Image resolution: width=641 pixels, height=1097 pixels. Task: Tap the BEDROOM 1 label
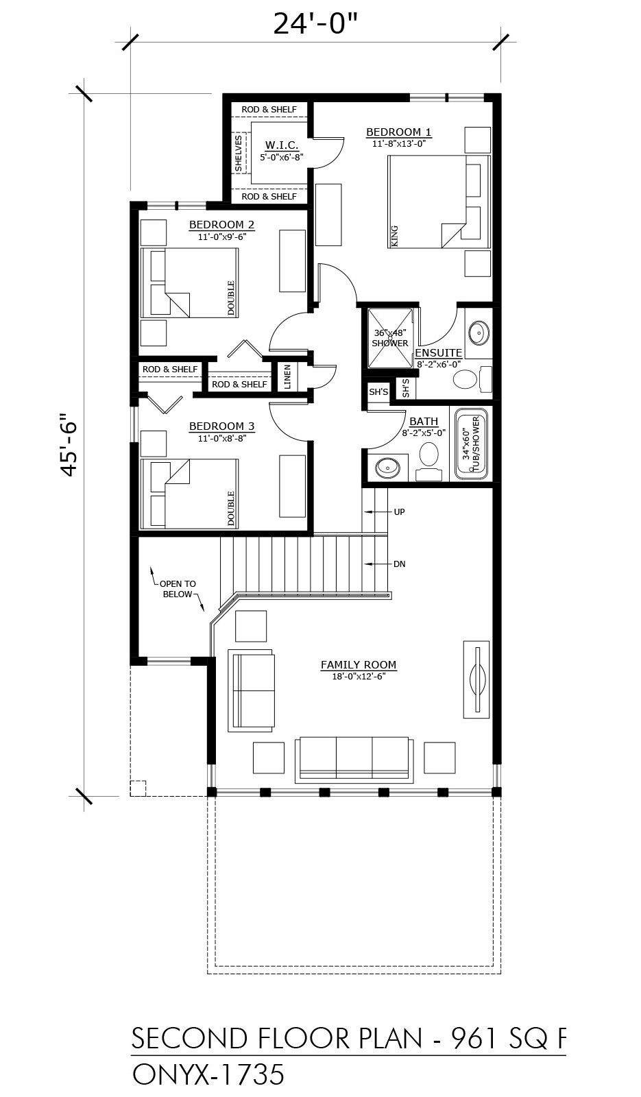pyautogui.click(x=398, y=132)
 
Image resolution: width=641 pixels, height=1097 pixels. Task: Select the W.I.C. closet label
pyautogui.click(x=282, y=145)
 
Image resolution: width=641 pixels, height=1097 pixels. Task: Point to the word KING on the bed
pyautogui.click(x=395, y=236)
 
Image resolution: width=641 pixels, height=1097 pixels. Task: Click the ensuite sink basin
pyautogui.click(x=479, y=333)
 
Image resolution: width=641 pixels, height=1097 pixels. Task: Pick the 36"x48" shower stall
pyautogui.click(x=390, y=337)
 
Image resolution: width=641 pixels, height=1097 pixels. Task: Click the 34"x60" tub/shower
pyautogui.click(x=472, y=443)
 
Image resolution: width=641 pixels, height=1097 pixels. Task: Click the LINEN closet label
pyautogui.click(x=287, y=376)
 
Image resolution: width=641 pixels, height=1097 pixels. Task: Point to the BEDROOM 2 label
pyautogui.click(x=222, y=225)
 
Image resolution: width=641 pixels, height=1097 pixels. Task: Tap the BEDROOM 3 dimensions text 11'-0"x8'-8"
pyautogui.click(x=222, y=438)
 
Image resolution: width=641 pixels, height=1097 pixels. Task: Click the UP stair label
pyautogui.click(x=399, y=511)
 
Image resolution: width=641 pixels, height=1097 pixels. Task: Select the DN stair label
pyautogui.click(x=399, y=564)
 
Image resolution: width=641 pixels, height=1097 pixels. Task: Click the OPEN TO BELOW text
pyautogui.click(x=178, y=589)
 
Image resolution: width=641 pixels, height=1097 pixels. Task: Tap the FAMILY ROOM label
pyautogui.click(x=359, y=664)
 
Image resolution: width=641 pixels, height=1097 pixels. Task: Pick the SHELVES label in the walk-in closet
pyautogui.click(x=239, y=154)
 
